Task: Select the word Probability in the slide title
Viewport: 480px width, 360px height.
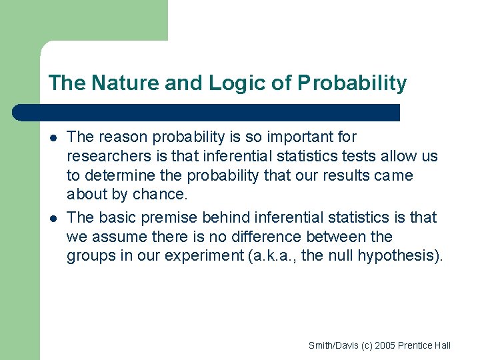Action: click(x=351, y=83)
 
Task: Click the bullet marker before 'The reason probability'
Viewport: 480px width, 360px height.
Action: click(x=53, y=138)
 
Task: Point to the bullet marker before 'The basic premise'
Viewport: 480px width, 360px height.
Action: click(x=53, y=218)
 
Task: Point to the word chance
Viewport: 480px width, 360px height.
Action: click(x=160, y=195)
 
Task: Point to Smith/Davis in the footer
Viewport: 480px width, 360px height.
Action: click(x=331, y=345)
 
